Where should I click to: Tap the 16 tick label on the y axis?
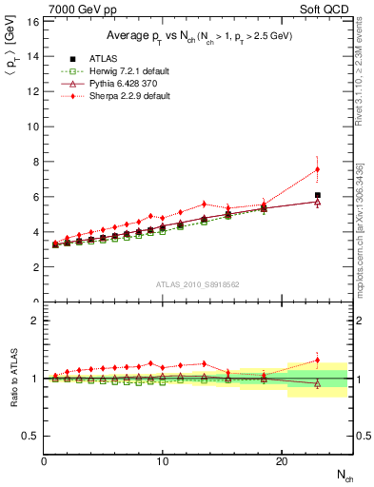(x=33, y=21)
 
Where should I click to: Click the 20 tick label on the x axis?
(x=281, y=460)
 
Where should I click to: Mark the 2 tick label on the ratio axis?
(x=35, y=321)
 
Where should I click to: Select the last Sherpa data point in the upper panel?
(x=317, y=169)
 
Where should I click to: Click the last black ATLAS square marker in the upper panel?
(x=317, y=195)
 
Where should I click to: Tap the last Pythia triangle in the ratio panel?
(x=317, y=383)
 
